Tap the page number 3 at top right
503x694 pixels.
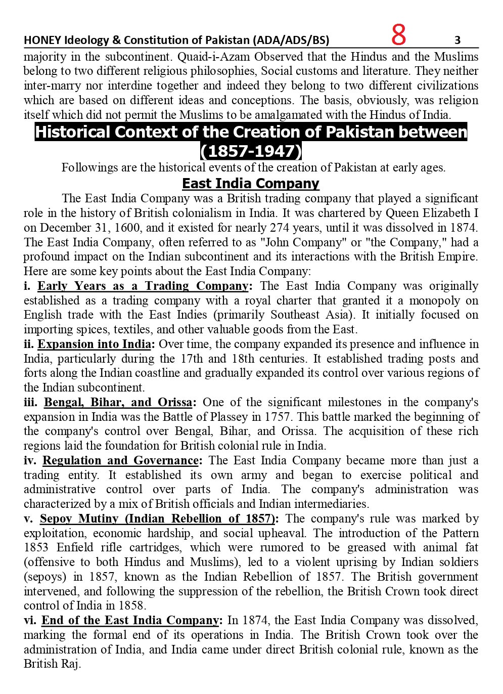point(458,40)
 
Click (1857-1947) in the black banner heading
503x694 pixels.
point(251,151)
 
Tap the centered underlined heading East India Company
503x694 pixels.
point(251,183)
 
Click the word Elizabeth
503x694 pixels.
point(447,212)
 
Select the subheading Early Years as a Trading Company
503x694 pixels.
point(143,286)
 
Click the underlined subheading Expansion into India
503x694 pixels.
point(95,344)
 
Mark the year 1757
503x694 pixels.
point(278,417)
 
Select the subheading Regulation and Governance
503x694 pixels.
point(120,460)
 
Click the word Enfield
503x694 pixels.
point(74,547)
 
